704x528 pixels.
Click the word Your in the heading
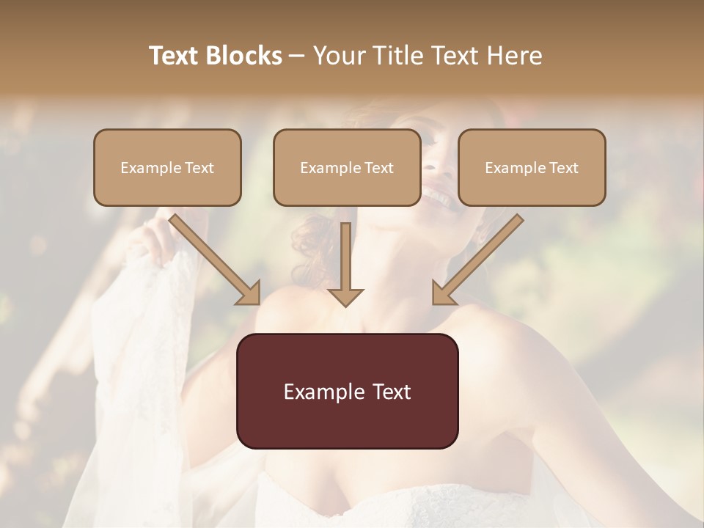click(x=337, y=56)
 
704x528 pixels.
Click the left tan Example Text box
click(x=167, y=167)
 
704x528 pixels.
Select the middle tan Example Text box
click(x=347, y=167)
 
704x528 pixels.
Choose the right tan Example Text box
click(x=532, y=167)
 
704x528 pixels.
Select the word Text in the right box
click(x=563, y=168)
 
